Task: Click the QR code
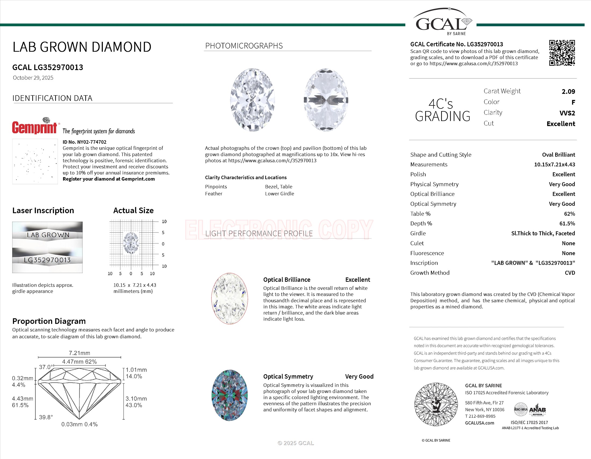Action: tap(562, 53)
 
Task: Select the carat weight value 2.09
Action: tap(568, 92)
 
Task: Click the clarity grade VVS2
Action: tap(567, 113)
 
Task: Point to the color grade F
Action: tap(573, 103)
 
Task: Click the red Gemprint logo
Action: tap(35, 127)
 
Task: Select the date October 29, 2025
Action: tap(33, 78)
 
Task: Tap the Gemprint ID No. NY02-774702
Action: tap(84, 142)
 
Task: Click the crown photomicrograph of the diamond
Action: tap(253, 100)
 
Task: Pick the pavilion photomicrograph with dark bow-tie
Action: tap(326, 100)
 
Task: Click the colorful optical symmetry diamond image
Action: tap(229, 395)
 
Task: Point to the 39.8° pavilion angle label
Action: tap(46, 417)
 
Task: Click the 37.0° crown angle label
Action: tap(46, 367)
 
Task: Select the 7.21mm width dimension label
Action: tap(79, 353)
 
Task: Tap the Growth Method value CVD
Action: tap(570, 273)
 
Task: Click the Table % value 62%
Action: tap(569, 214)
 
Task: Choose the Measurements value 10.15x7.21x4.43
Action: tap(554, 165)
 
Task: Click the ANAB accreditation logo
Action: tap(538, 410)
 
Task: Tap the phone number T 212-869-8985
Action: tap(480, 416)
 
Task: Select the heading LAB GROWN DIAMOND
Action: tap(82, 47)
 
